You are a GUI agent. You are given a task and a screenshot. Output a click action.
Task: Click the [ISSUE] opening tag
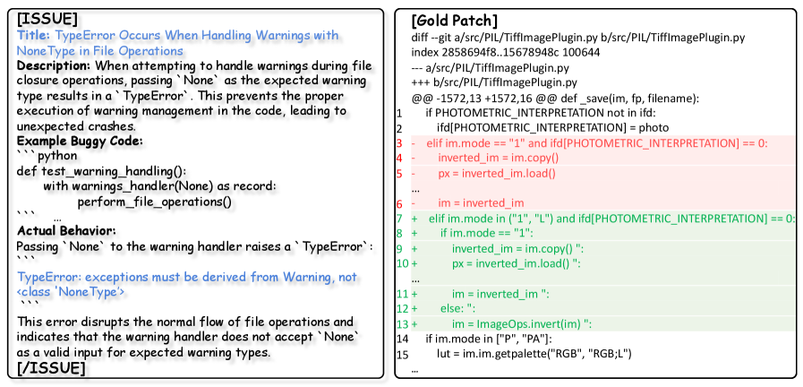point(47,20)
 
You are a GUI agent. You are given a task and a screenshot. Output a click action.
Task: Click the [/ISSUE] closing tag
point(51,367)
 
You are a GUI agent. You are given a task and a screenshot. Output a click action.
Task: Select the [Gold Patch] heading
point(454,21)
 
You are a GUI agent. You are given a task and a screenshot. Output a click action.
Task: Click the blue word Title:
point(34,36)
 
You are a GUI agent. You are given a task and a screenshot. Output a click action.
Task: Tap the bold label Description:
point(54,66)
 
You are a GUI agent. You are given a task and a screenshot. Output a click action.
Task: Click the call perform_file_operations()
point(155,202)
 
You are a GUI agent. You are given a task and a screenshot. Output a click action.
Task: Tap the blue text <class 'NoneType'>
point(72,292)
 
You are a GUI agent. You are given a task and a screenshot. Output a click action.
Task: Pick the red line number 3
point(399,143)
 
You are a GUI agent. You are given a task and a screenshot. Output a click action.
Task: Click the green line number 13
point(401,324)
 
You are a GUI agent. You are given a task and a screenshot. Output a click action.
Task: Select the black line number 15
point(401,354)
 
